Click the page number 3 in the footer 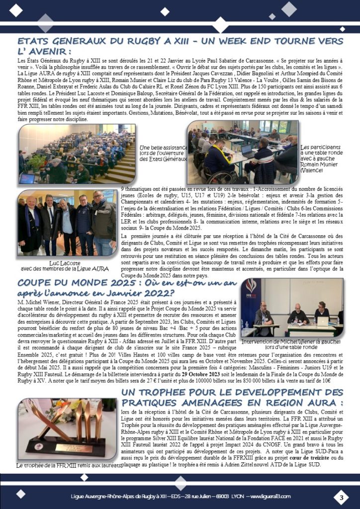pos(341,497)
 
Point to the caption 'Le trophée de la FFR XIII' pos(69,465)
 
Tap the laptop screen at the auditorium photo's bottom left pos(28,178)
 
